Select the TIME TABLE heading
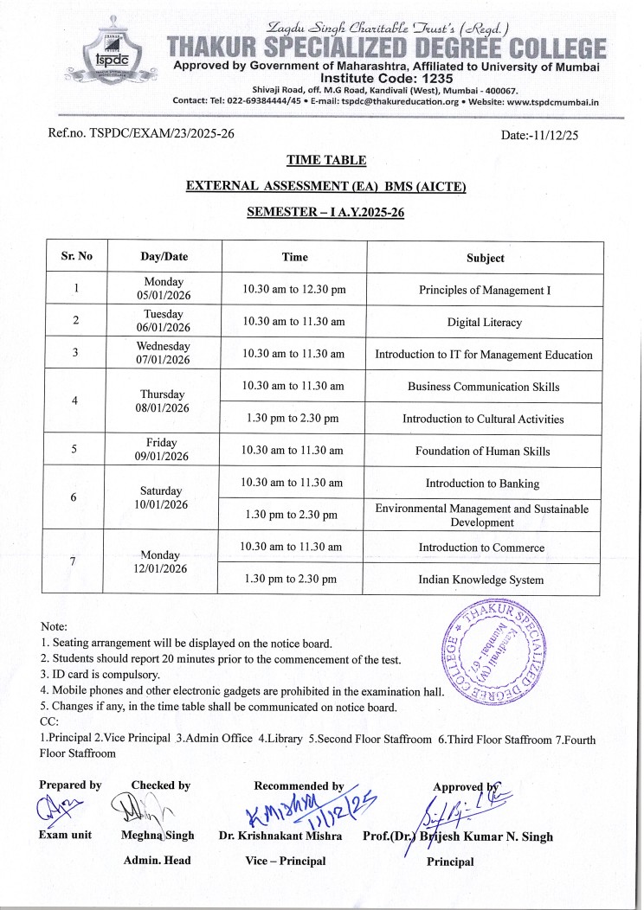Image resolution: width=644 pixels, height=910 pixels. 326,160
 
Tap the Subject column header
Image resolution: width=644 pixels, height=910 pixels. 485,258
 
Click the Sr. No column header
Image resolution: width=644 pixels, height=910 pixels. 76,257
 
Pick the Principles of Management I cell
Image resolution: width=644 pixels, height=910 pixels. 484,291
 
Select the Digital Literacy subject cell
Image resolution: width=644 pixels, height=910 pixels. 484,323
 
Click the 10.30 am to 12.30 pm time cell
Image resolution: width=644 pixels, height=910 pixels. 294,290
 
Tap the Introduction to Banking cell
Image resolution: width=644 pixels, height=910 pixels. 482,484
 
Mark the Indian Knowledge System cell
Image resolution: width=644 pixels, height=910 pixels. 481,580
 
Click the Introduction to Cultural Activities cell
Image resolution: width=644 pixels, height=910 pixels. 483,419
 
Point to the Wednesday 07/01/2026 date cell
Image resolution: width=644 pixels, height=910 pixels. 163,353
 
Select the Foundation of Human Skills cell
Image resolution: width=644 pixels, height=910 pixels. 482,451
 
